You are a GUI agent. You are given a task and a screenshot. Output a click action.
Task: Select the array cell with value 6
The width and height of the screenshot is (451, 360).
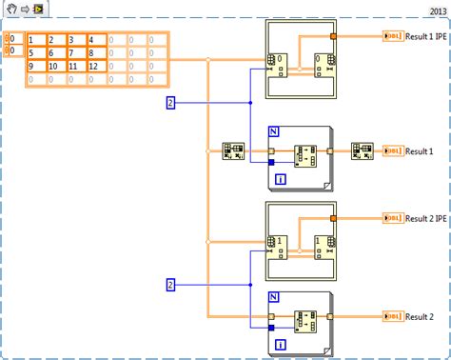56,52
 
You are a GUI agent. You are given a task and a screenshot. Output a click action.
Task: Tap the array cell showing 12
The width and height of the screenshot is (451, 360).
96,66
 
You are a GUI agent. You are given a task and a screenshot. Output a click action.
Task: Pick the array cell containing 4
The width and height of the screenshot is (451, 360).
96,39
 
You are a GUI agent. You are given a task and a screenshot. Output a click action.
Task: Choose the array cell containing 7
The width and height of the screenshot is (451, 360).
76,52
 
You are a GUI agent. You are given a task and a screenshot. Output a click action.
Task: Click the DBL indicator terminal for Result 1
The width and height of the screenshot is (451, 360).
392,150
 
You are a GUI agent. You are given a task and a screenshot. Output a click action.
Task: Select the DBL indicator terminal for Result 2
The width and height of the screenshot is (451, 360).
392,315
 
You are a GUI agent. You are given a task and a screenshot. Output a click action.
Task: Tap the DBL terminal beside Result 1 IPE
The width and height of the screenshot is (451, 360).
392,36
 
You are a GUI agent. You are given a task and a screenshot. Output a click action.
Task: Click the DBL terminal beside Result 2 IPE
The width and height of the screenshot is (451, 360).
392,219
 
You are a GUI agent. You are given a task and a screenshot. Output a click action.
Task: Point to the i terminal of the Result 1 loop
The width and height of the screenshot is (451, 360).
280,178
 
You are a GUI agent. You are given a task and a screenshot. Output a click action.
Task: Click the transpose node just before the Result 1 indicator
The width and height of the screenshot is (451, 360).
361,150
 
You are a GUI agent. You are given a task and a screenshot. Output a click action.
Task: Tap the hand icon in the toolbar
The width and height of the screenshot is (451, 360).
10,9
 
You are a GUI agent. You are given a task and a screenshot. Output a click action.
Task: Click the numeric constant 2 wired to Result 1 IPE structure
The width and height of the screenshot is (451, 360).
170,102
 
